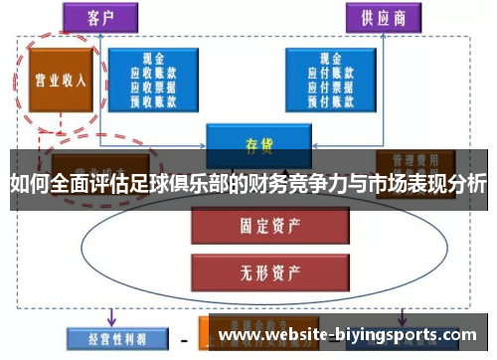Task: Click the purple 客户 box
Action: click(100, 17)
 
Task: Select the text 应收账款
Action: click(155, 72)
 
